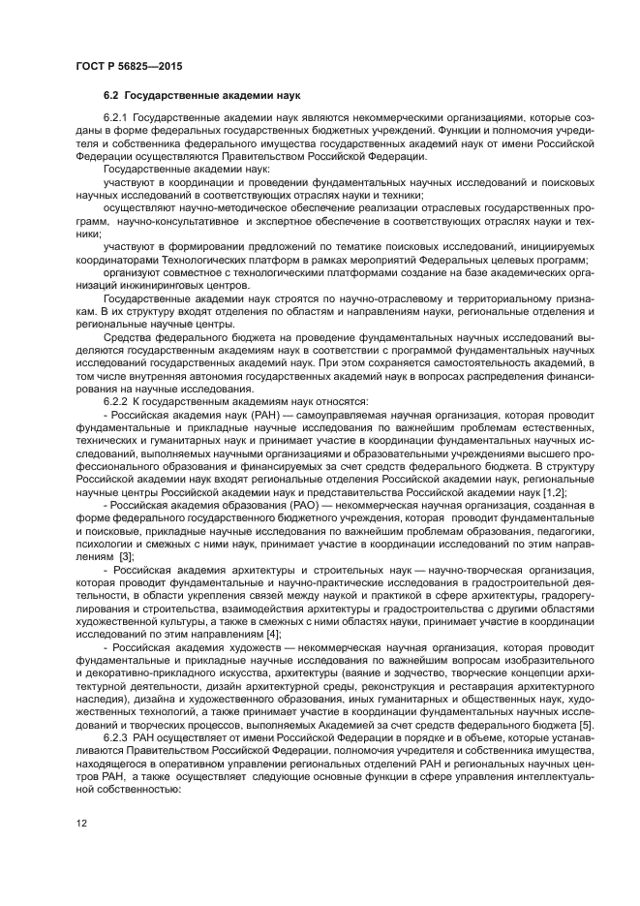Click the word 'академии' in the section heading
point(241,95)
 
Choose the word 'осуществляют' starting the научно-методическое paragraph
point(137,207)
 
